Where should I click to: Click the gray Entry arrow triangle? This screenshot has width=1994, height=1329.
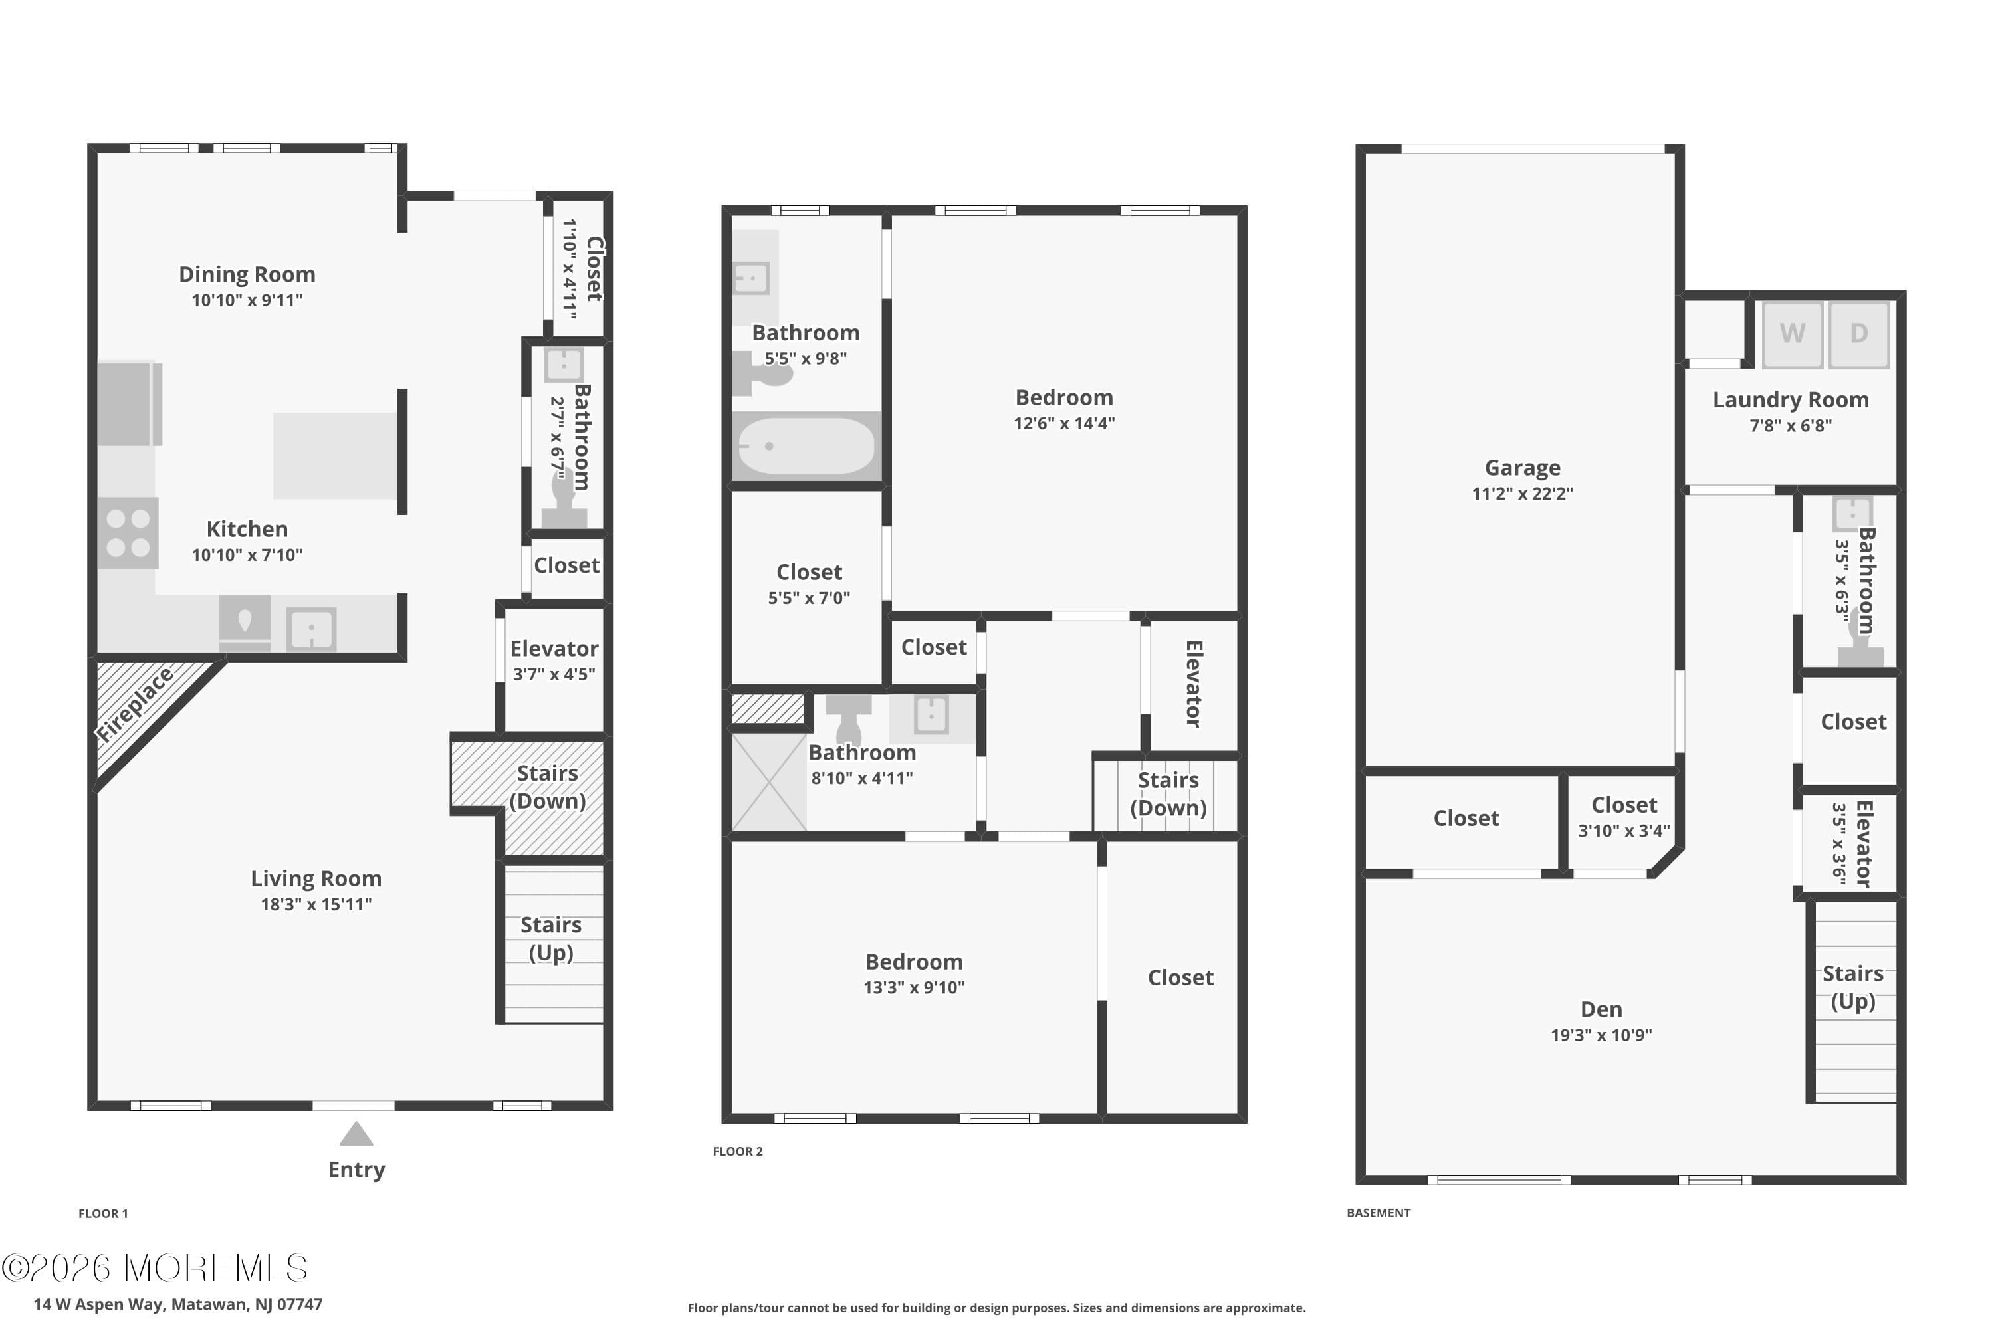[356, 1134]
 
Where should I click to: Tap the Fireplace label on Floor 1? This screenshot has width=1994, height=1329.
[135, 704]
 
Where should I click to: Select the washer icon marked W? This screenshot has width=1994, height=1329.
[1792, 334]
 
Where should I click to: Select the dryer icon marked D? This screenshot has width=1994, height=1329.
[1858, 334]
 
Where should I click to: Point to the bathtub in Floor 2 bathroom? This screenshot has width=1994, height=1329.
[806, 447]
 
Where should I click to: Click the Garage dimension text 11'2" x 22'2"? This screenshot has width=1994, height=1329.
[1522, 493]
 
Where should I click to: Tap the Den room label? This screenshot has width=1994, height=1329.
[1601, 1009]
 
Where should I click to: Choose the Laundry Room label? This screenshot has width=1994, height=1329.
[1791, 400]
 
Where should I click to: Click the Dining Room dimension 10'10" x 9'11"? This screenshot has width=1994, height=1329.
[247, 300]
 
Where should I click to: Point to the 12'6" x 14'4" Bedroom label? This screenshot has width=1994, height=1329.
[1064, 397]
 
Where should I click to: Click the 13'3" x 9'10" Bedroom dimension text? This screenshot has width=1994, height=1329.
[914, 987]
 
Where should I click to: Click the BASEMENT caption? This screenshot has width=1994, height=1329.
[1379, 1213]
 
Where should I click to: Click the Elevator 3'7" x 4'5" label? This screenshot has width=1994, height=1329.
[554, 649]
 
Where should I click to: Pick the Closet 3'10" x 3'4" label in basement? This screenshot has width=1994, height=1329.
[1624, 805]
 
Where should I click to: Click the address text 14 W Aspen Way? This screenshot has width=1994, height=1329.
[178, 1304]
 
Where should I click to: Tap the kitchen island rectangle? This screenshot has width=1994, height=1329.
[335, 456]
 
